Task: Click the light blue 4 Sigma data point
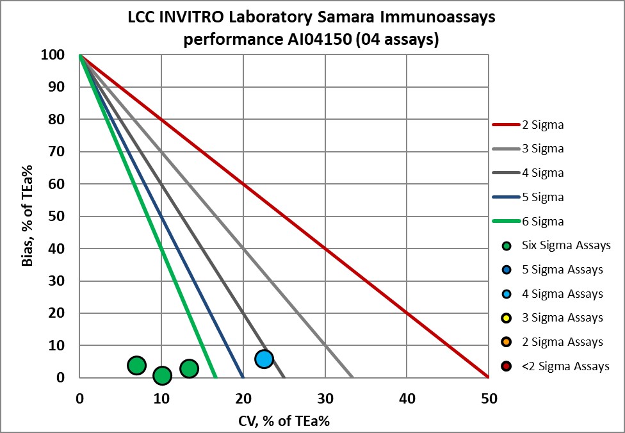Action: (x=264, y=359)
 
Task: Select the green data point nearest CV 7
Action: (x=136, y=365)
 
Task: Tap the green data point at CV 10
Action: (x=162, y=375)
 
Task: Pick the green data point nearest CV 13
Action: (x=189, y=368)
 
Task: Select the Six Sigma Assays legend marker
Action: (x=507, y=246)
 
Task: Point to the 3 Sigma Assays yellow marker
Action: (x=507, y=318)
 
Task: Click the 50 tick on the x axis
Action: (x=489, y=398)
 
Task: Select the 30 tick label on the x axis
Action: (x=325, y=398)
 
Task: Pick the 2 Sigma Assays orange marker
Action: (x=507, y=342)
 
